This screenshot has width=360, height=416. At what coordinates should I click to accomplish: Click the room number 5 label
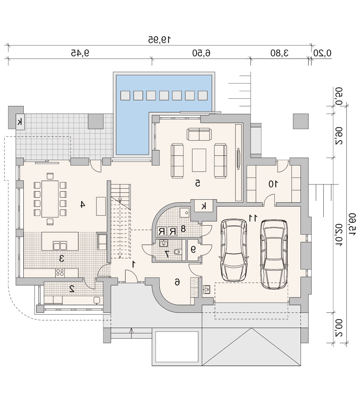[198, 183]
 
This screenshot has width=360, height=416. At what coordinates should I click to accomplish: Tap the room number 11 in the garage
[253, 218]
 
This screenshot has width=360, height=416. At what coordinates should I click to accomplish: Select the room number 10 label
[273, 184]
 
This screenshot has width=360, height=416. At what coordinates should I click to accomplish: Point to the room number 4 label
[83, 204]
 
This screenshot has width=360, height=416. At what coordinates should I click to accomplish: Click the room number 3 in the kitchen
[62, 258]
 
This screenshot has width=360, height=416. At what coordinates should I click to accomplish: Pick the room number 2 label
[72, 289]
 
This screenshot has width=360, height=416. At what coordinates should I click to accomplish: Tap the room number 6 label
[177, 282]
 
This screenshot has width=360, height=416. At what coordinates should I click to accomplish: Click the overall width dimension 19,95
[159, 40]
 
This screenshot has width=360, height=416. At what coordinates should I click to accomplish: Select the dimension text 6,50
[201, 53]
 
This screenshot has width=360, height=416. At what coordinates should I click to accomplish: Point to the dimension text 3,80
[280, 53]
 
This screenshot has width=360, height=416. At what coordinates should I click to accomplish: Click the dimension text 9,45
[80, 53]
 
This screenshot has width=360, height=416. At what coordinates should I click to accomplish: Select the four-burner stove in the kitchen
[60, 273]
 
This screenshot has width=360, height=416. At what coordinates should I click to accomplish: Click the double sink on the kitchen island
[60, 246]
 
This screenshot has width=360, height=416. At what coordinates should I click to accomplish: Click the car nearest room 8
[234, 250]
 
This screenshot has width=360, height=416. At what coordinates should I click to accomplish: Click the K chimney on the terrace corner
[20, 122]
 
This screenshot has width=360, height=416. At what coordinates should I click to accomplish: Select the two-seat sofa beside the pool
[199, 134]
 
